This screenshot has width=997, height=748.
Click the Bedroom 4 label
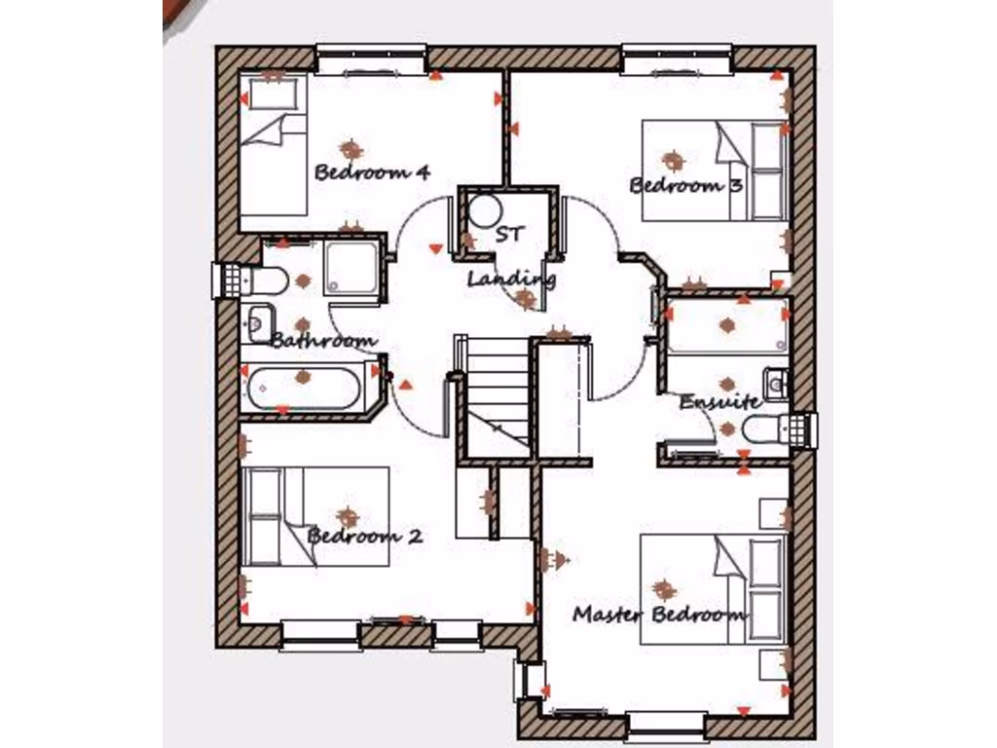(372, 172)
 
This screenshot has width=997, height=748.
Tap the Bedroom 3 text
(686, 185)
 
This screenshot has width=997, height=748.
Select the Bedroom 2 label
(365, 536)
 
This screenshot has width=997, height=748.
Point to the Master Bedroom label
(660, 615)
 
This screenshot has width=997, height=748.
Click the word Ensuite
(720, 401)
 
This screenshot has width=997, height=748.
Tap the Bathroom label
(323, 341)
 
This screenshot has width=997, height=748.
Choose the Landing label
(511, 280)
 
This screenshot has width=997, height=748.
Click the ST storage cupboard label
(509, 234)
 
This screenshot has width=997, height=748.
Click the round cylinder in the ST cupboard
(483, 211)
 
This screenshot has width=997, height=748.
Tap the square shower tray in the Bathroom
(351, 266)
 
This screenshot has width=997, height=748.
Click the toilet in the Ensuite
(764, 429)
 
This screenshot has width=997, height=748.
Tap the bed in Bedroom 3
(716, 170)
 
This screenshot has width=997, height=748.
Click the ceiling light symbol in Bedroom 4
(351, 149)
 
